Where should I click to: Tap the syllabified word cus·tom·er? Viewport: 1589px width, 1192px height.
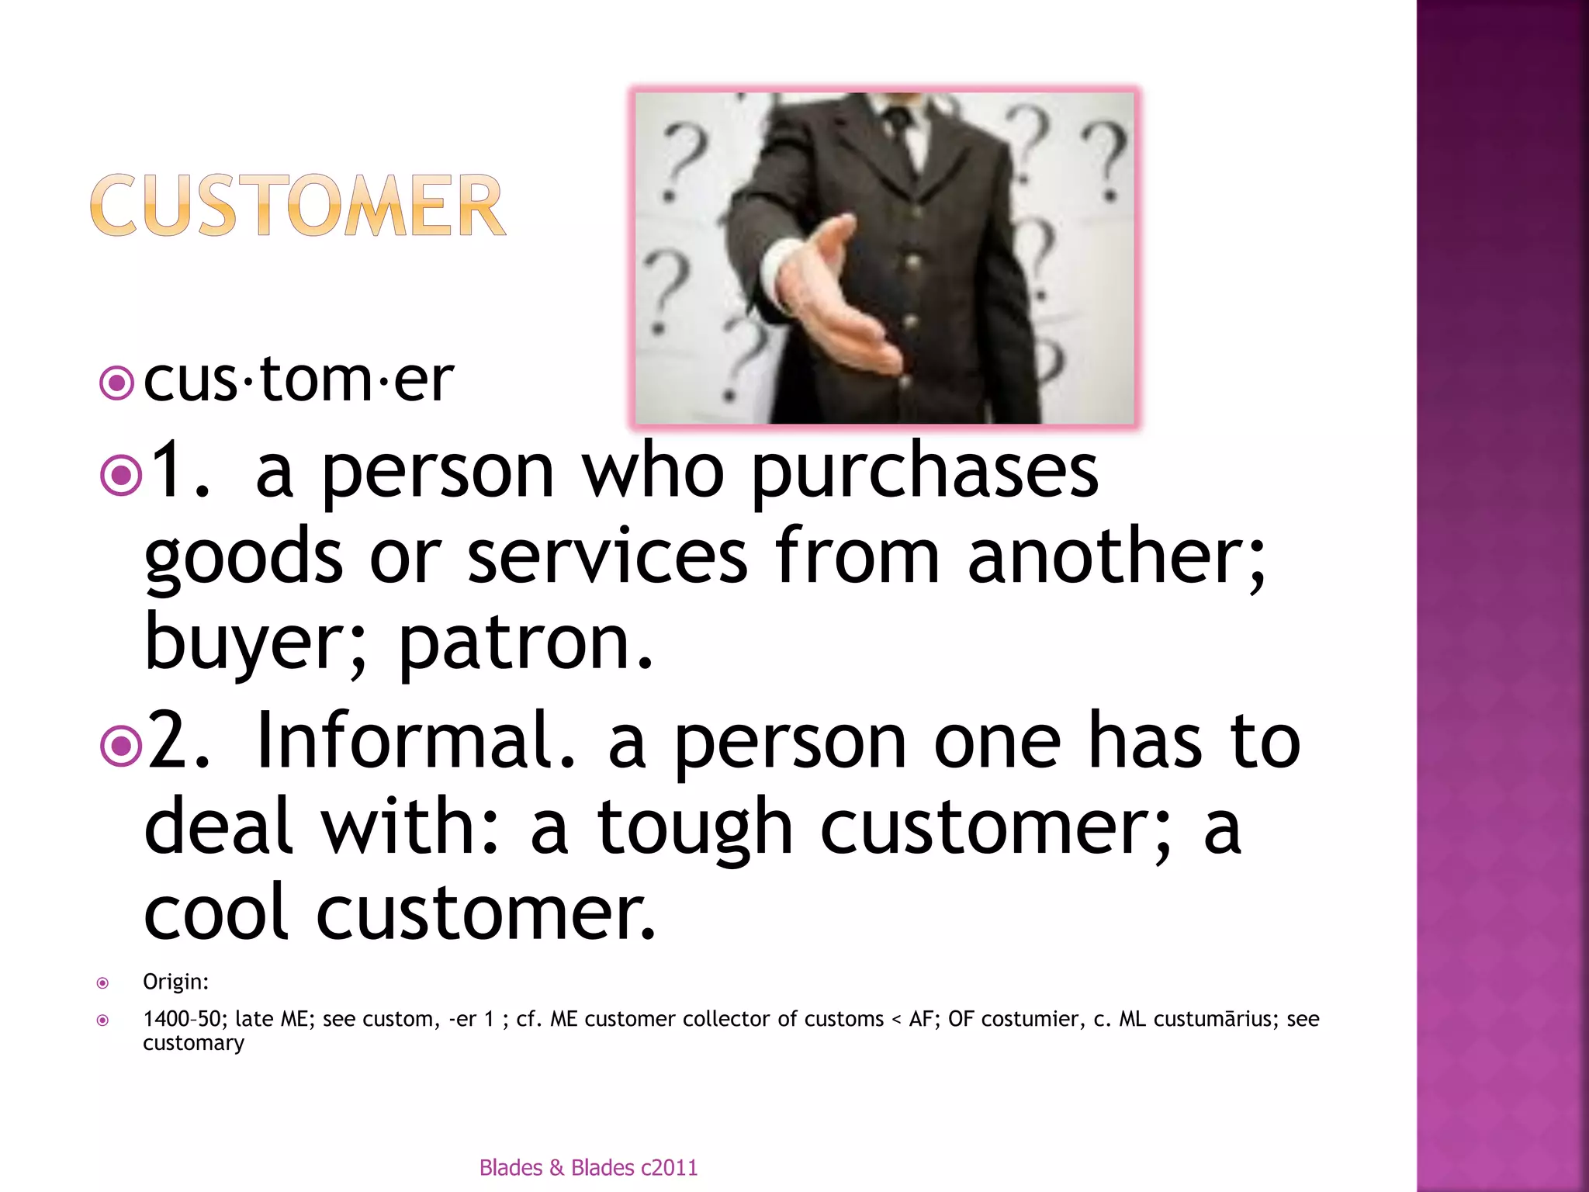pyautogui.click(x=298, y=379)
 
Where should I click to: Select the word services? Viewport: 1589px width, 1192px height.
pyautogui.click(x=608, y=556)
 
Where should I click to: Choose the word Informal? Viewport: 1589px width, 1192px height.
pyautogui.click(x=415, y=741)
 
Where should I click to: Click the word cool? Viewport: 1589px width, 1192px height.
pyautogui.click(x=216, y=913)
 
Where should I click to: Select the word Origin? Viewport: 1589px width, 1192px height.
pyautogui.click(x=175, y=982)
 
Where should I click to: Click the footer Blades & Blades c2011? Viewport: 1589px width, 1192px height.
pyautogui.click(x=588, y=1167)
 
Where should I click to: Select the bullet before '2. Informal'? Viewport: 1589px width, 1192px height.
pyautogui.click(x=122, y=745)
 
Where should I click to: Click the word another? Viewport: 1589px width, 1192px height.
pyautogui.click(x=1116, y=556)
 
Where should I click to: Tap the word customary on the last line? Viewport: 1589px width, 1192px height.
pyautogui.click(x=193, y=1043)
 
